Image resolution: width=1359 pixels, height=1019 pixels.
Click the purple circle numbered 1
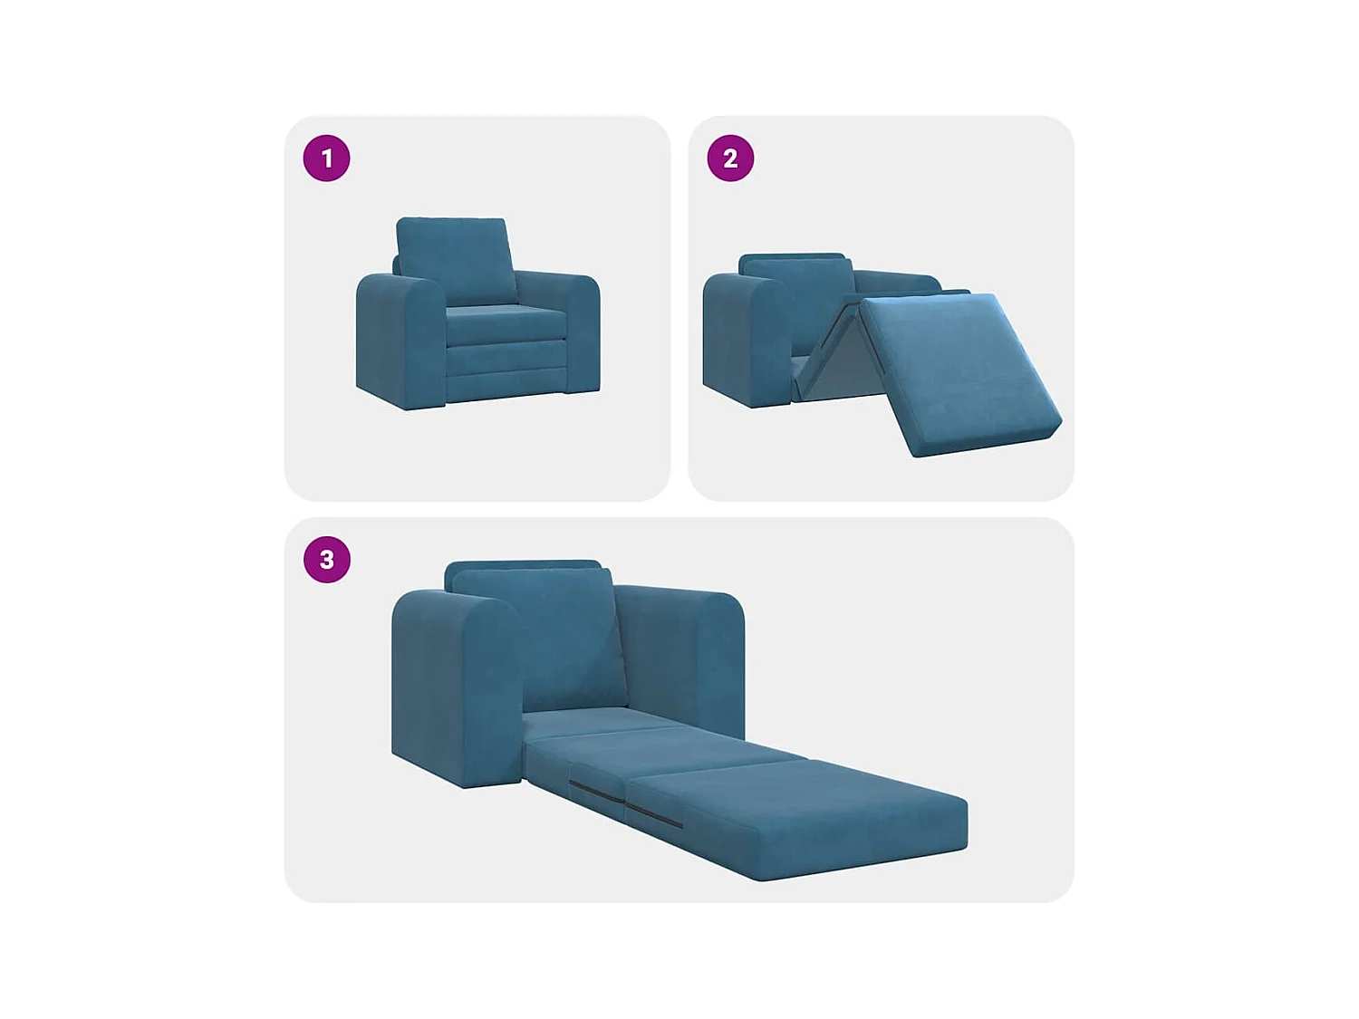click(x=326, y=159)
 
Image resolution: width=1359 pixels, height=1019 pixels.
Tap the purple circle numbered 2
click(x=730, y=159)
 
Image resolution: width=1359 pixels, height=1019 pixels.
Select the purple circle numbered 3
click(x=326, y=560)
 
